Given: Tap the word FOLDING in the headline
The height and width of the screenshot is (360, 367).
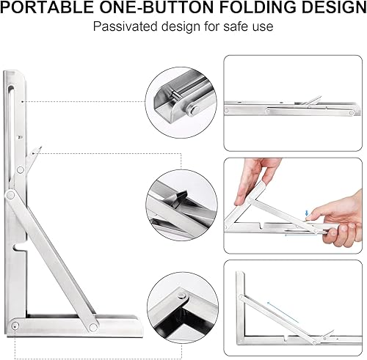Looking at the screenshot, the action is coord(258,7).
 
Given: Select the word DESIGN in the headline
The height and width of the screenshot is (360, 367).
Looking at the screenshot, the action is coord(334,7).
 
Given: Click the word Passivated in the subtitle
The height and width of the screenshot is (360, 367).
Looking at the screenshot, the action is coord(126,26).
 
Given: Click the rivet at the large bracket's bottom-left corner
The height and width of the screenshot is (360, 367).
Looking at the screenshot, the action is coord(15,326).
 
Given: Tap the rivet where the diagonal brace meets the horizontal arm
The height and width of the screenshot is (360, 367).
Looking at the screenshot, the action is coord(92,327).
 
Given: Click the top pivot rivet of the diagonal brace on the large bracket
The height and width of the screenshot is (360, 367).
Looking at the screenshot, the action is coord(10,195).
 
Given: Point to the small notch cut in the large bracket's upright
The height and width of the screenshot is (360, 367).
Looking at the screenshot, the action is coord(19,247).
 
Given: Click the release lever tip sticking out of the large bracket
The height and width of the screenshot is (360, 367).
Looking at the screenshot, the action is coord(37,152).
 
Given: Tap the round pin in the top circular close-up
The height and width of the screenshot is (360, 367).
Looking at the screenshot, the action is coord(194,110).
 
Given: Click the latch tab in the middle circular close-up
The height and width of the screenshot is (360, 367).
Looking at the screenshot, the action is coord(178,197).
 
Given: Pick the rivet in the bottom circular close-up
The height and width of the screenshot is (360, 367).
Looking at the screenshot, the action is coord(181,296).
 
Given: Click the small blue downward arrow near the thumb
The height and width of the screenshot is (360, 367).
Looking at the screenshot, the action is coord(307,213).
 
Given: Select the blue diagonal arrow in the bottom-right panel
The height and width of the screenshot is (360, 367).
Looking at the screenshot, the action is coord(283,312).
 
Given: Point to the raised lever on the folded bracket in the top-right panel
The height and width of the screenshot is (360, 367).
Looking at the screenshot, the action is coord(311,100).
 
